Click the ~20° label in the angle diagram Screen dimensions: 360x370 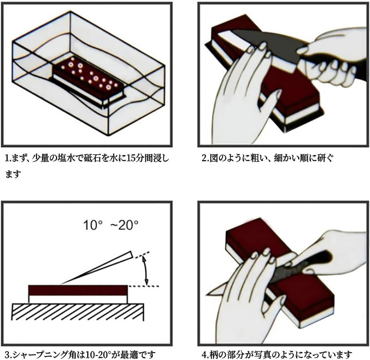(124, 225)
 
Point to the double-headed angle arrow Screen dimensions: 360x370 (145, 271)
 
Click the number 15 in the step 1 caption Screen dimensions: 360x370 (131, 159)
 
